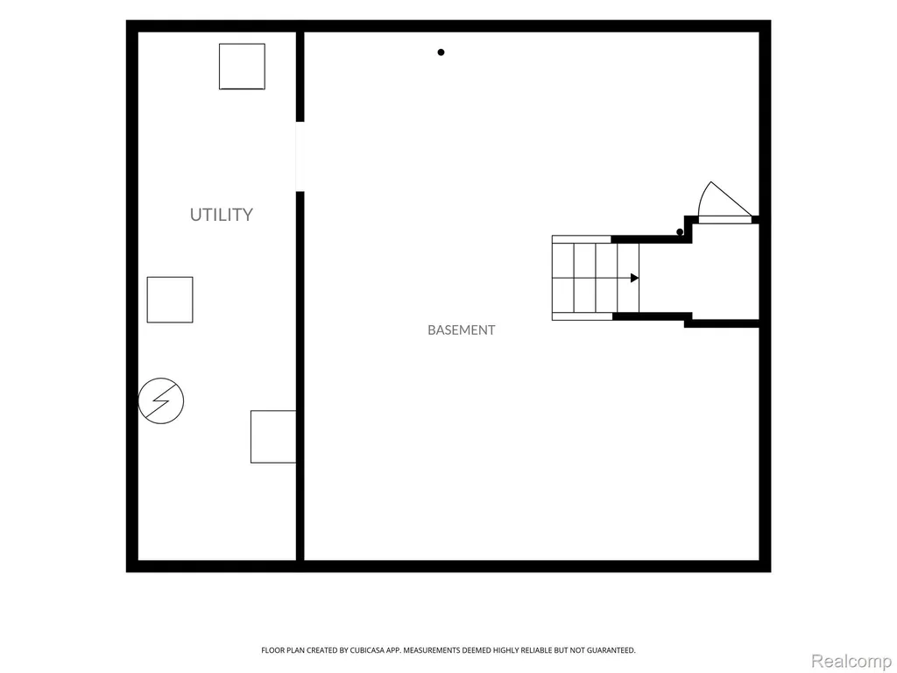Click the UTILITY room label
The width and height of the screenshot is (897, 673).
[222, 215]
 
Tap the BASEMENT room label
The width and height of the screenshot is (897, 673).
[461, 330]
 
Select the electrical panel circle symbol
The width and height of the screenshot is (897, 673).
[161, 400]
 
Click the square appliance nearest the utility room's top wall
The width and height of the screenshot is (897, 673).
[242, 67]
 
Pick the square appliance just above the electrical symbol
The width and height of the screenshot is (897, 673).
[170, 300]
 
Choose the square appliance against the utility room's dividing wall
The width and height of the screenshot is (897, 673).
[273, 436]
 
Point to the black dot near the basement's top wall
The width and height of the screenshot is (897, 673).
[441, 52]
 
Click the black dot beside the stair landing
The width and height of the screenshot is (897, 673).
[680, 231]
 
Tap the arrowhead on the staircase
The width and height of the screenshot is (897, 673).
[634, 278]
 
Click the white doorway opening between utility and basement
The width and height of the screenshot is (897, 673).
[300, 156]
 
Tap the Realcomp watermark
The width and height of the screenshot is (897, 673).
[851, 661]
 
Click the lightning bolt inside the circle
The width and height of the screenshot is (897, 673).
[161, 400]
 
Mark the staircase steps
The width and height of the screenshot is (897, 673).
[596, 278]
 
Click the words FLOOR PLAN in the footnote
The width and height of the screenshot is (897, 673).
[283, 650]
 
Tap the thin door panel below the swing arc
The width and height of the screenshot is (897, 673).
[724, 220]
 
